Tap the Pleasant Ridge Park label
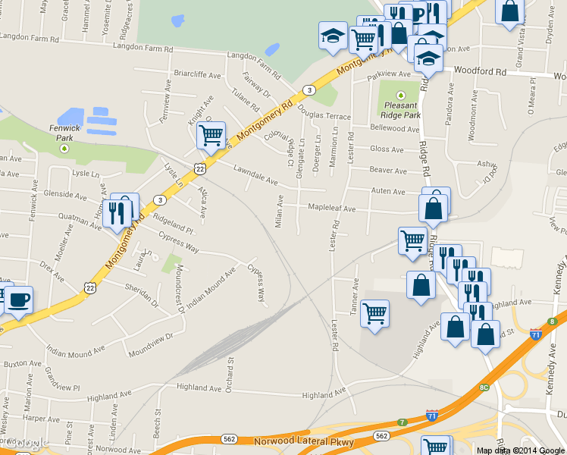click(401, 110)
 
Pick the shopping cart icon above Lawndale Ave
click(211, 135)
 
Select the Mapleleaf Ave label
click(330, 208)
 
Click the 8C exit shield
click(484, 388)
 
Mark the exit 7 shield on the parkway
click(402, 422)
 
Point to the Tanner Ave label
click(355, 297)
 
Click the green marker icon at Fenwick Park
click(64, 149)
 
